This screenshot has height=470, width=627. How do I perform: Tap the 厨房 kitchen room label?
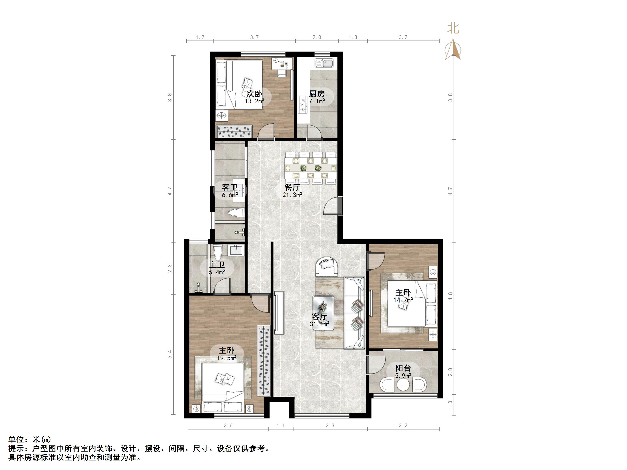tap(317, 94)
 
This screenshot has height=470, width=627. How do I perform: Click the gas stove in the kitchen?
tap(303, 104)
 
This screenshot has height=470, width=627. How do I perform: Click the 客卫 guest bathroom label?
tap(230, 188)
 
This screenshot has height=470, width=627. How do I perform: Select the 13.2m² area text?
tap(255, 101)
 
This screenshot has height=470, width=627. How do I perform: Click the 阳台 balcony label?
tap(403, 368)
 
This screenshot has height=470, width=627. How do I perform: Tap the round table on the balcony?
tap(403, 384)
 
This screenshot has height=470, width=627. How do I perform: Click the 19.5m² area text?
tap(227, 358)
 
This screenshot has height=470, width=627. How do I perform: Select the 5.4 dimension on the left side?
tap(169, 354)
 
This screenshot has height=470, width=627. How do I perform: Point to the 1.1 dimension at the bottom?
tap(281, 426)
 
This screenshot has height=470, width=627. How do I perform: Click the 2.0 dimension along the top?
tap(317, 37)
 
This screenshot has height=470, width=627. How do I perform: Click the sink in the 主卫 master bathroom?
tap(236, 251)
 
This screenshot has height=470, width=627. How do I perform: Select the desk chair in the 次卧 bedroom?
tap(282, 73)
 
